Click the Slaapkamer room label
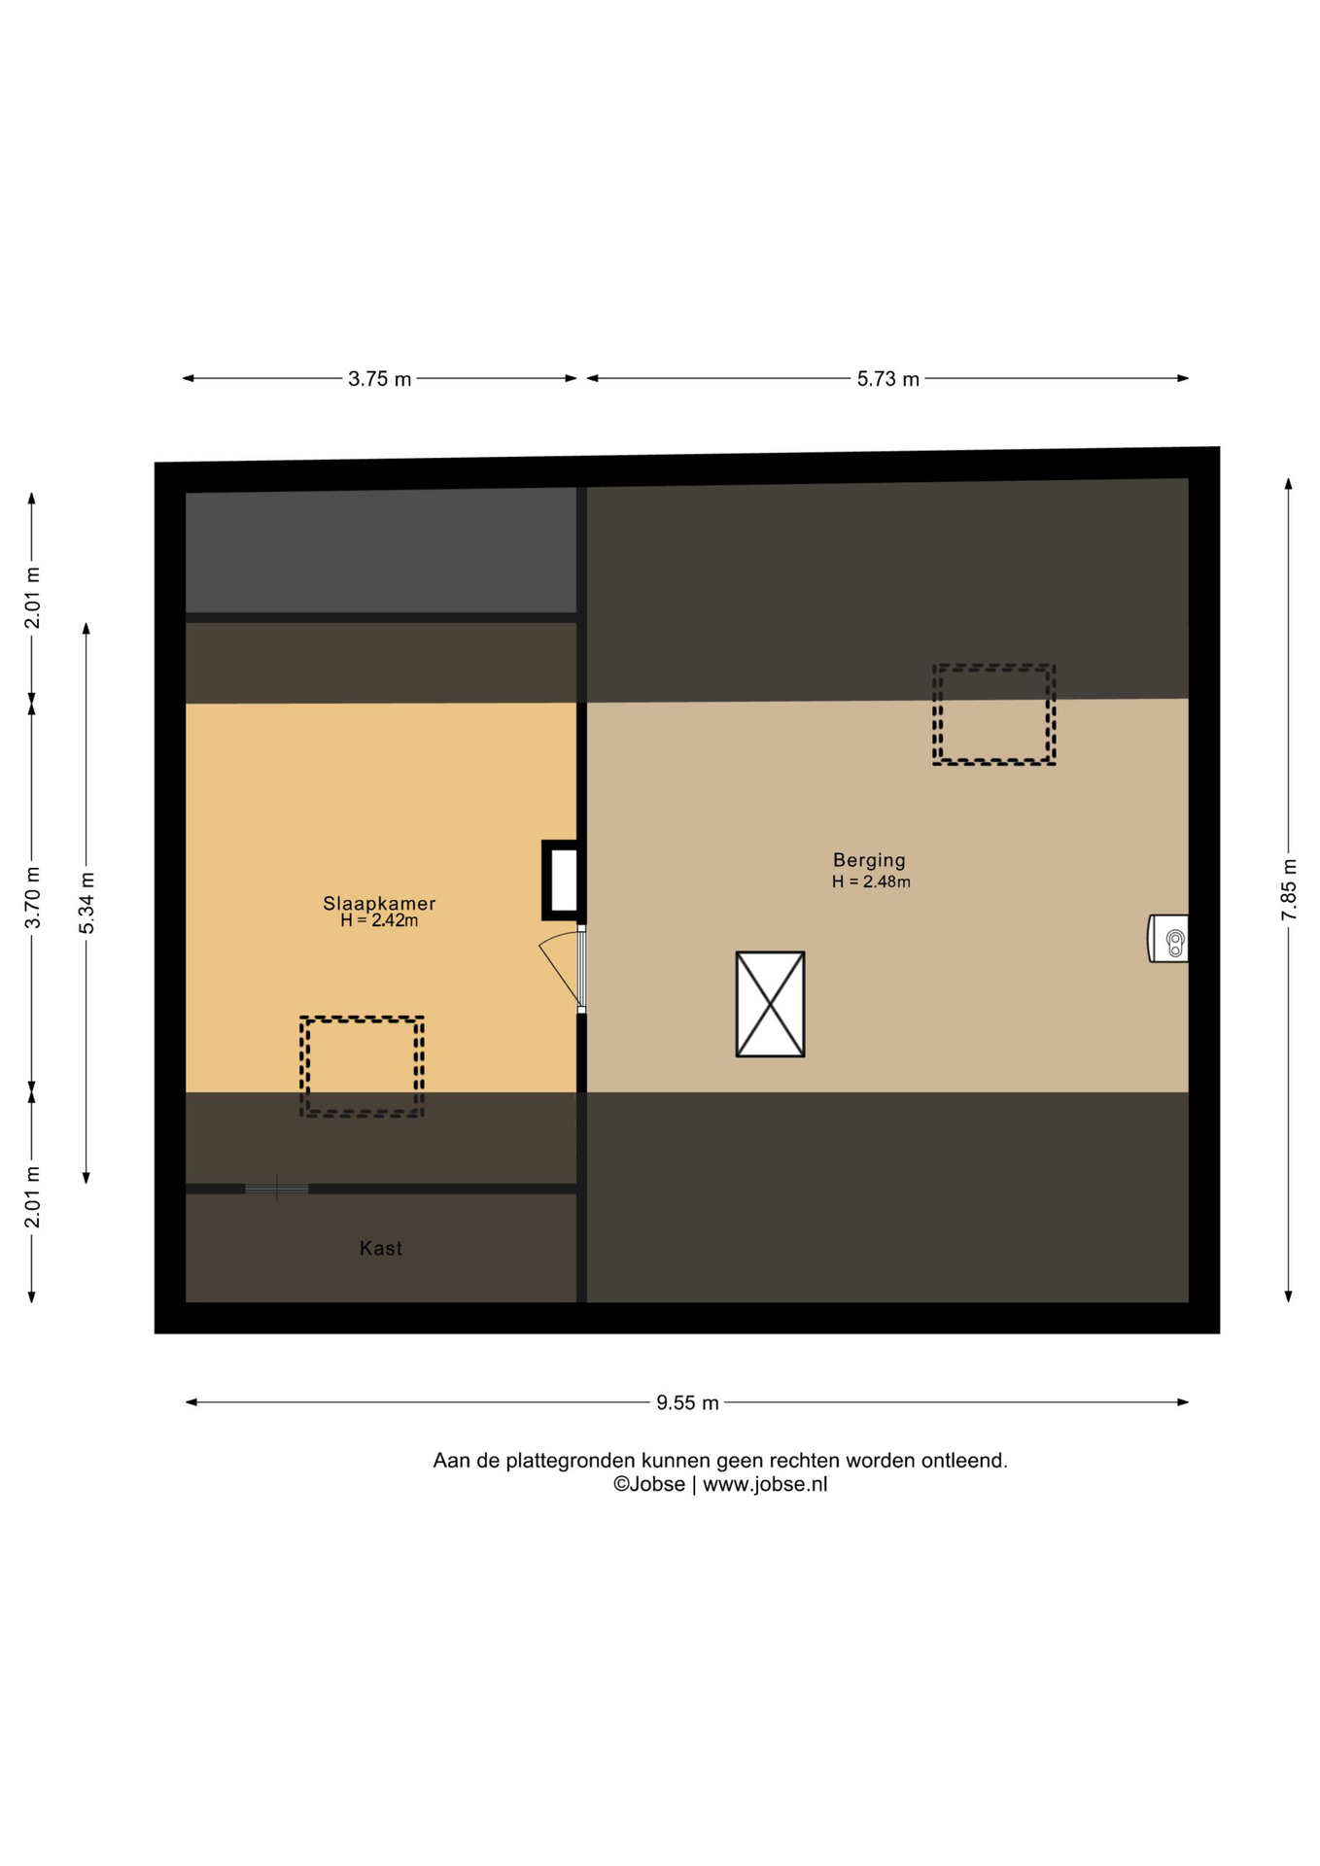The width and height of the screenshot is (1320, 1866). point(379,903)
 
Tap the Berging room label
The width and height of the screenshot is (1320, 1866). point(869,860)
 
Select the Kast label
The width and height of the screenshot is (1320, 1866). point(380,1248)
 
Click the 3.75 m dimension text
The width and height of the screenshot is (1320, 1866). point(379,379)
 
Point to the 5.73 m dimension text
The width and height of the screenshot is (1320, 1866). point(887,379)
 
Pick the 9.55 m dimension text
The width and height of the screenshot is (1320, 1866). point(687,1402)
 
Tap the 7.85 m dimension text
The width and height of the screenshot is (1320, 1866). point(1289,889)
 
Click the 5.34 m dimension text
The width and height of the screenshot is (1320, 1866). point(87,903)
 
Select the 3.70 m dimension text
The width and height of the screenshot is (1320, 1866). point(32,897)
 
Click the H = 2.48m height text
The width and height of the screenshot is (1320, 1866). point(871,881)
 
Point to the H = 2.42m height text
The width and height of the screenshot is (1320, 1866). point(379,920)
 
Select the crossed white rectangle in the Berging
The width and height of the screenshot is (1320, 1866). point(770,1004)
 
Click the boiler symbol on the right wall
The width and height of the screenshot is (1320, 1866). point(1168,939)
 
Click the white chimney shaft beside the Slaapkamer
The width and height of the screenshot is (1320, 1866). point(564,880)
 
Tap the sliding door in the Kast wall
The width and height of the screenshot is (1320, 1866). point(276,1188)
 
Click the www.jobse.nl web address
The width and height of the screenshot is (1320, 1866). point(765,1484)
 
